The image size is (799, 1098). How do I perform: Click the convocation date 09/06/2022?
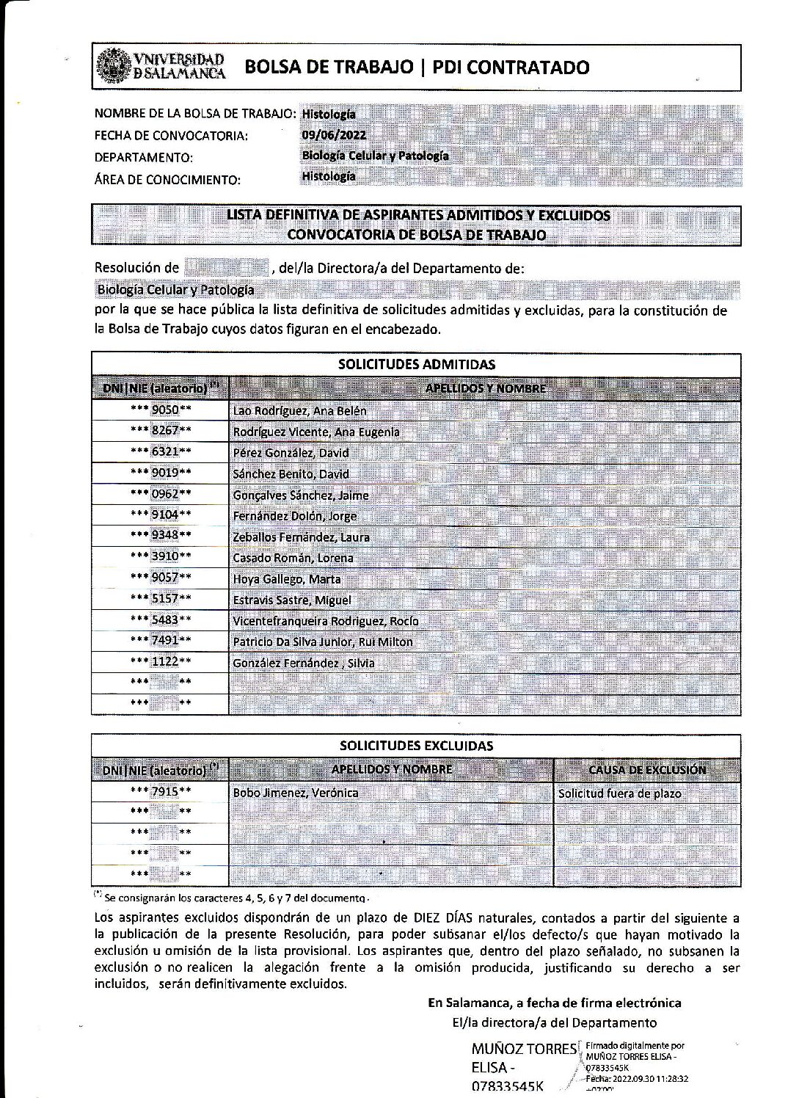(x=333, y=134)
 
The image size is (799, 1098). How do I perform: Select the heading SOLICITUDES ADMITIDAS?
(x=416, y=364)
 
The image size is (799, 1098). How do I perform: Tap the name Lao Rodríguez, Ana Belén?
(x=299, y=411)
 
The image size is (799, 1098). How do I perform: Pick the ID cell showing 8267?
(x=161, y=431)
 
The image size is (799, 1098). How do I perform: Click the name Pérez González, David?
(x=291, y=453)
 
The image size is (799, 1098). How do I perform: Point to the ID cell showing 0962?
(x=161, y=494)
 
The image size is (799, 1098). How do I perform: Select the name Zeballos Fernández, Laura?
(x=301, y=537)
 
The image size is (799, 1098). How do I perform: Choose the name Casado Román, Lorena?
(x=293, y=558)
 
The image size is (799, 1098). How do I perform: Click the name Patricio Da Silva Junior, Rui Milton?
(x=323, y=641)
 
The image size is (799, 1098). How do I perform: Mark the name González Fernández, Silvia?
(x=303, y=663)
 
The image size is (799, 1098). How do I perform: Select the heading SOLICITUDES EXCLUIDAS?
(x=416, y=746)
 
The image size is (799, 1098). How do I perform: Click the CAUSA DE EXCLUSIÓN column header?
(x=647, y=770)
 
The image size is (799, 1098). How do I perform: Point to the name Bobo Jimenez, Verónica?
(x=295, y=793)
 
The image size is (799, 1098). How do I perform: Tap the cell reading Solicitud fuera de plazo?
(x=619, y=793)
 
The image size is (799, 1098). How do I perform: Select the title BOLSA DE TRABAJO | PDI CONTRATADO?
(x=416, y=68)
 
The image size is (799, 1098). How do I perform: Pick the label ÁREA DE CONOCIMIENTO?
(x=167, y=180)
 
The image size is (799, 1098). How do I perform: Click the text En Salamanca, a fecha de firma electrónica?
(x=554, y=1003)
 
